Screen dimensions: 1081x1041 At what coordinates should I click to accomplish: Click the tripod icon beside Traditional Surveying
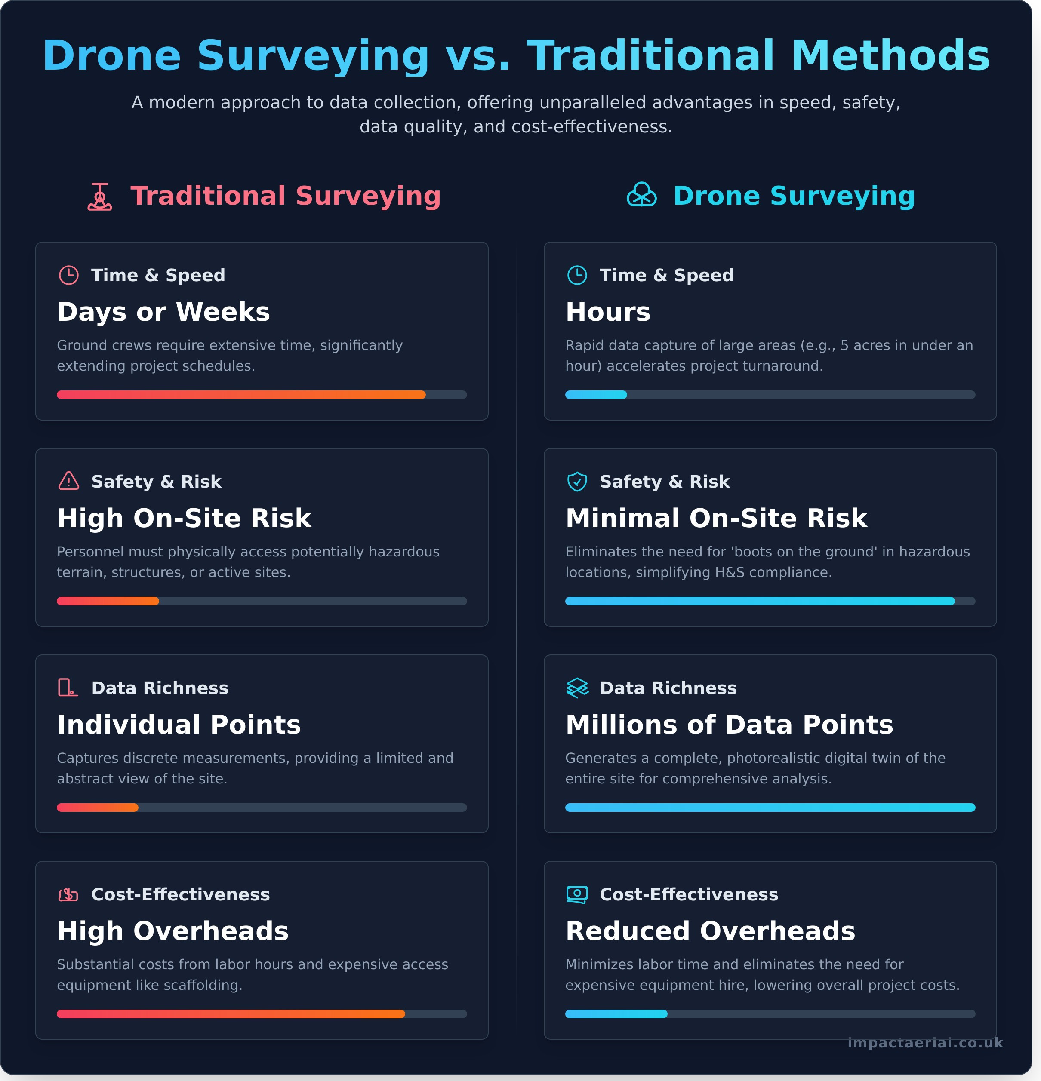point(100,197)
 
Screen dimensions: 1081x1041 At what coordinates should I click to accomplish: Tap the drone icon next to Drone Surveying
point(641,195)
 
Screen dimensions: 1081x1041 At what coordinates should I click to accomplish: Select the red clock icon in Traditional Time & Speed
point(69,275)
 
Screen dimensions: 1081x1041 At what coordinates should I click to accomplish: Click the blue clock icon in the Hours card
point(577,275)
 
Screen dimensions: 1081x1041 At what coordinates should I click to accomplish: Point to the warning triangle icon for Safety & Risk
point(69,481)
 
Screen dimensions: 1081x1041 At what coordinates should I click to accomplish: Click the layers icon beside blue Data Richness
point(577,688)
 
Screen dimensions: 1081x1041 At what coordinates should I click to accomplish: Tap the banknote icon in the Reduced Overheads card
point(577,894)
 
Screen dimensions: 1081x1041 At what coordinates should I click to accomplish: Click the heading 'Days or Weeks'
point(163,312)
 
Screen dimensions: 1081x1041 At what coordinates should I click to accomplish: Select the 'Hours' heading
point(608,312)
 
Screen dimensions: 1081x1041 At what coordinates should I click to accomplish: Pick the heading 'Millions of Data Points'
point(729,725)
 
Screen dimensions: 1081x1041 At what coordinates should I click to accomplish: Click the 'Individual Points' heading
point(179,725)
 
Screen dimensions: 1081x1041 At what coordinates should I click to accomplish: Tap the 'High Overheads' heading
point(172,931)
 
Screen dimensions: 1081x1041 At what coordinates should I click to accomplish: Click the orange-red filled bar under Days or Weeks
point(241,395)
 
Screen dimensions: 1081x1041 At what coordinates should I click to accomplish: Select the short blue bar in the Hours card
point(596,395)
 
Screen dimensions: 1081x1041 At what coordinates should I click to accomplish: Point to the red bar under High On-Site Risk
point(108,601)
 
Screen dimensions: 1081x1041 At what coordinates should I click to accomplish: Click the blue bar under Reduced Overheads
point(616,1014)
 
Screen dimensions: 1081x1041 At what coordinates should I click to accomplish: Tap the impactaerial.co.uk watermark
point(925,1043)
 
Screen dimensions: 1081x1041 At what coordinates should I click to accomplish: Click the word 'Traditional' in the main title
point(651,56)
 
